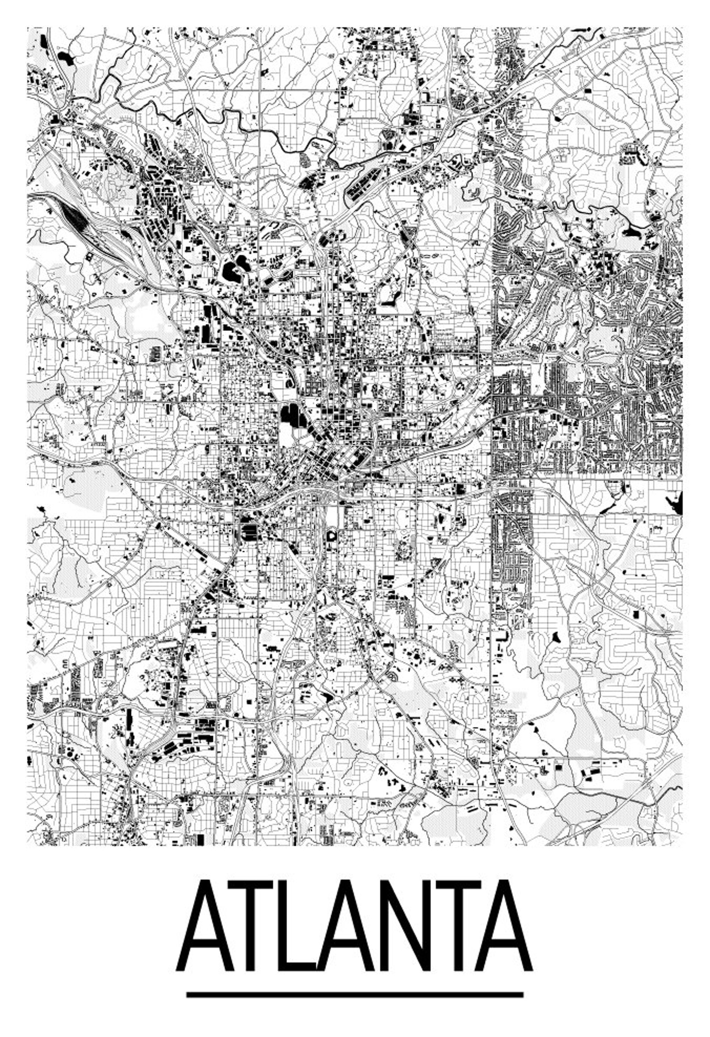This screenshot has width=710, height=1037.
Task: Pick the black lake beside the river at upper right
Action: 634,232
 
